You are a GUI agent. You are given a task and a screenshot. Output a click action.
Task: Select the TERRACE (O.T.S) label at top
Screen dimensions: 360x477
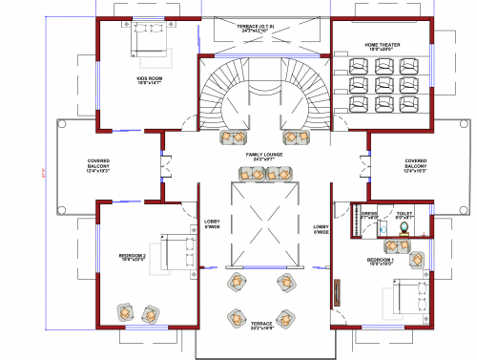click(x=256, y=28)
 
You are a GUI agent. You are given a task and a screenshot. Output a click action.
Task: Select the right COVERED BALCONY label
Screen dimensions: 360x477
click(x=416, y=164)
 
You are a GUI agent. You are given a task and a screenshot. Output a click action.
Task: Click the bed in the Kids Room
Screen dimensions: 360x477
click(x=148, y=38)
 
